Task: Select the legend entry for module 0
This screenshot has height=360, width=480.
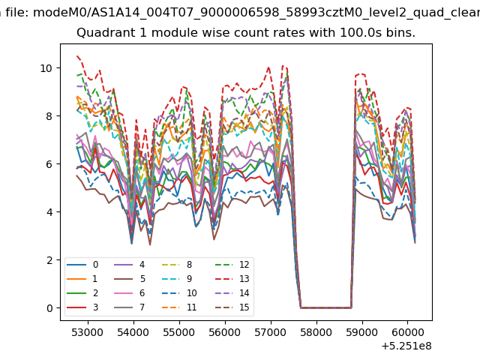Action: pos(82,265)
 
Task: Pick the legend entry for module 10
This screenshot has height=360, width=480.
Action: pos(179,293)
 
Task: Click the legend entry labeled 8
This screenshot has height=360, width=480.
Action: pos(177,265)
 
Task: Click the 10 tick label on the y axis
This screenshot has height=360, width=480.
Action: pos(46,68)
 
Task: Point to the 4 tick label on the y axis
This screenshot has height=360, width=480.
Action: pos(49,212)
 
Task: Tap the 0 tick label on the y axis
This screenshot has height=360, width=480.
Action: pos(49,308)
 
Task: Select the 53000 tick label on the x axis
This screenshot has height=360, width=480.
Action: pos(88,332)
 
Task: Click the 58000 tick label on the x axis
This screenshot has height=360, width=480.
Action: pos(316,332)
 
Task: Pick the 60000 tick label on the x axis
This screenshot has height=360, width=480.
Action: pos(407,332)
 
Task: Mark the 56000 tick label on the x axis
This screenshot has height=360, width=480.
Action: pos(225,332)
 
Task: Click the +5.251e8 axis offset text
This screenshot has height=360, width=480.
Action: pos(406,346)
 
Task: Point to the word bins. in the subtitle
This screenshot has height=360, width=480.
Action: pos(400,32)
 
